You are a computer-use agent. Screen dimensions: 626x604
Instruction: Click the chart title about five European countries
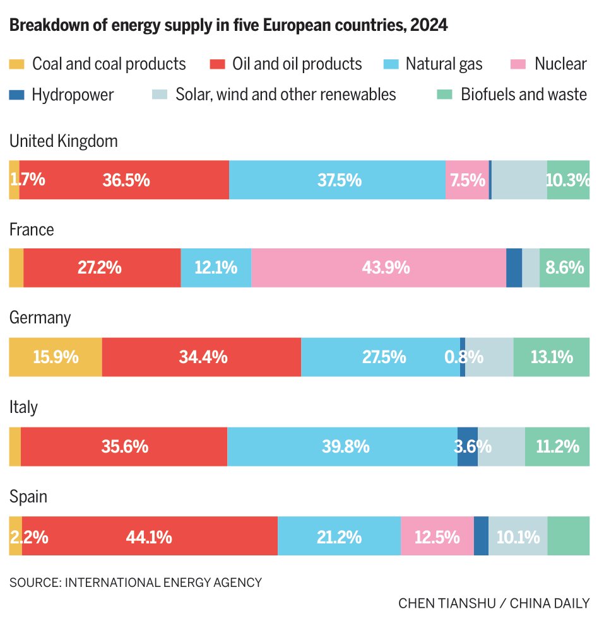(x=228, y=26)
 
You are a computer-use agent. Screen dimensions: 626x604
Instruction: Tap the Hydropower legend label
(x=73, y=95)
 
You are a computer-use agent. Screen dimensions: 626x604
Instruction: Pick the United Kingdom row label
(x=63, y=141)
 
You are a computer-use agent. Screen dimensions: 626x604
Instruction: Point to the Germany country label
(x=40, y=318)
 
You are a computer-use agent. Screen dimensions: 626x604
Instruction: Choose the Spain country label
(x=28, y=497)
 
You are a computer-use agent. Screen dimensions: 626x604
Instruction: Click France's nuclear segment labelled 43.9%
(x=379, y=268)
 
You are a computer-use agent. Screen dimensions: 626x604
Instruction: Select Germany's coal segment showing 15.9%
(x=56, y=357)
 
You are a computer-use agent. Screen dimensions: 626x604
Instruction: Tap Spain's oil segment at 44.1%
(x=150, y=536)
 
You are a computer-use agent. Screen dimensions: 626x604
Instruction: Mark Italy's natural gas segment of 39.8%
(x=342, y=447)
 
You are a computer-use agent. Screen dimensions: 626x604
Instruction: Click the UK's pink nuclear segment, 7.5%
(x=467, y=180)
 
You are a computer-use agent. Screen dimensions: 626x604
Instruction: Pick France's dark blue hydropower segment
(x=514, y=268)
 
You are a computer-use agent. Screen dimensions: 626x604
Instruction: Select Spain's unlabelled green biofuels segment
(x=568, y=536)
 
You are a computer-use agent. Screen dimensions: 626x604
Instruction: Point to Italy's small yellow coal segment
(x=15, y=447)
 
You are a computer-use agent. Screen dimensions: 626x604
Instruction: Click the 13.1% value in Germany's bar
(x=552, y=357)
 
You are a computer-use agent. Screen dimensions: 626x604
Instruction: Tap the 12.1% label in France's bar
(x=216, y=268)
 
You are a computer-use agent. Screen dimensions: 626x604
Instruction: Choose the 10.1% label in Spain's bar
(x=518, y=536)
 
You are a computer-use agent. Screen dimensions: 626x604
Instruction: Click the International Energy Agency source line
(x=135, y=583)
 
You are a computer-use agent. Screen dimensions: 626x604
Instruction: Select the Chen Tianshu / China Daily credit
(x=494, y=603)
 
